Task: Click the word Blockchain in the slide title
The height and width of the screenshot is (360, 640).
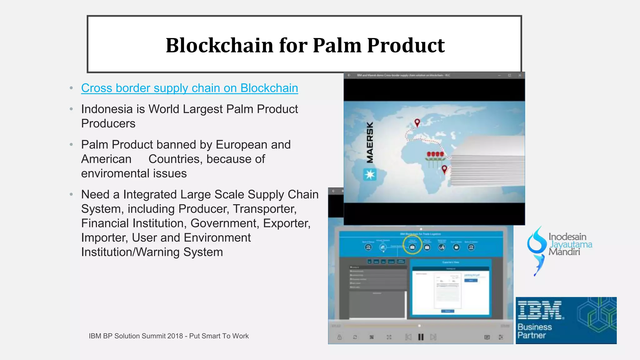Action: (220, 45)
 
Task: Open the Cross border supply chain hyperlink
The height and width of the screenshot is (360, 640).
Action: (189, 88)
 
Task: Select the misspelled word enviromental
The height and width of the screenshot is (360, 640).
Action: (134, 173)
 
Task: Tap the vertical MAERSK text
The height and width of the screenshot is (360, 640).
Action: (370, 142)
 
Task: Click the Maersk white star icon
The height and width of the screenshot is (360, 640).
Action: (370, 174)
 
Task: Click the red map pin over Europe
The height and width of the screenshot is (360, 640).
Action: (417, 122)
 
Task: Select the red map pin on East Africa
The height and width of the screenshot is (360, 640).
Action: (444, 169)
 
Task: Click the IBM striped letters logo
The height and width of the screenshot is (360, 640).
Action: (540, 310)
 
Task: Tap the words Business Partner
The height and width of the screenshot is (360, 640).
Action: (534, 331)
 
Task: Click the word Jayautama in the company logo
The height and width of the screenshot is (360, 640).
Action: (571, 244)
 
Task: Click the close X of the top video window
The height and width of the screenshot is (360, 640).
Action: (520, 75)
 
